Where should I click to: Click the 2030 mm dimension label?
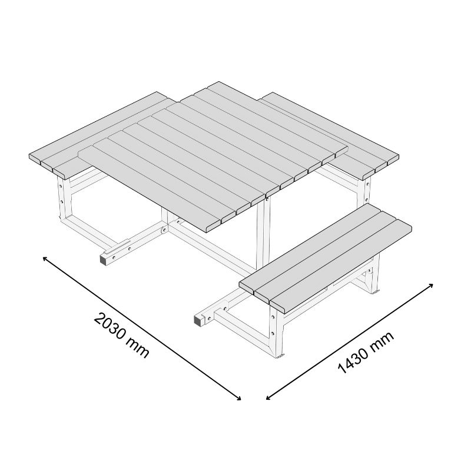[x=121, y=336]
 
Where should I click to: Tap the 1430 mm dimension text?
[x=366, y=353]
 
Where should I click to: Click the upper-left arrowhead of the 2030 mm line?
[x=45, y=258]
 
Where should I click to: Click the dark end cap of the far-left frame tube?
[x=104, y=260]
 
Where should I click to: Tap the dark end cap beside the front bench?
[x=198, y=321]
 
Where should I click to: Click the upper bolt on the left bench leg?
[x=61, y=187]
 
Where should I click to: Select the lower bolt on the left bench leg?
[x=61, y=201]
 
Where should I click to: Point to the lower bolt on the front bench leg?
[x=273, y=333]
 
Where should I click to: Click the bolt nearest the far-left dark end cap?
[x=114, y=257]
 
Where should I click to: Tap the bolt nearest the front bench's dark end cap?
[x=209, y=317]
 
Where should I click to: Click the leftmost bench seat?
[x=99, y=134]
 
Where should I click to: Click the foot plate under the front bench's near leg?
[x=280, y=356]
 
